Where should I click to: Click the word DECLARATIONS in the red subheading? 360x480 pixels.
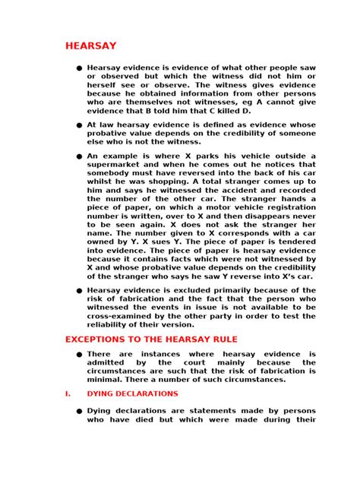point(148,393)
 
